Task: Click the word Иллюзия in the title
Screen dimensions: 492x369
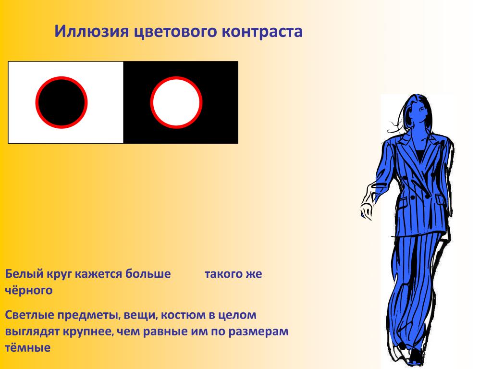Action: tap(92, 31)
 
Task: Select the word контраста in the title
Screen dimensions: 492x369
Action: tap(262, 32)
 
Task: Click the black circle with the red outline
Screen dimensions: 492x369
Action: tap(61, 102)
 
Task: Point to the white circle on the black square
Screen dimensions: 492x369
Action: tap(176, 102)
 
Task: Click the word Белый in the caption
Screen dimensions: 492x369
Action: tap(24, 274)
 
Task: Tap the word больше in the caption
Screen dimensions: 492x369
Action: tap(148, 273)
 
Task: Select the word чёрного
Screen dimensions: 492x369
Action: tap(28, 290)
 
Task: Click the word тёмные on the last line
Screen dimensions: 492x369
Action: tap(27, 347)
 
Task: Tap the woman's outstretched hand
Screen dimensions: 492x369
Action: tap(367, 210)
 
